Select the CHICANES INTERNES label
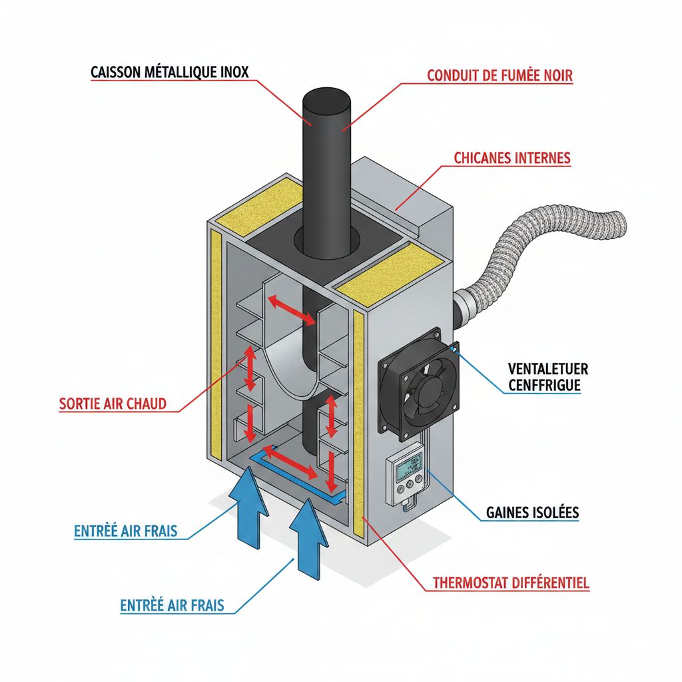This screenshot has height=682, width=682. coord(512,159)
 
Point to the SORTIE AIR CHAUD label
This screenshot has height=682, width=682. coord(113,404)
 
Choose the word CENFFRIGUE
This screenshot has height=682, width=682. coord(543,385)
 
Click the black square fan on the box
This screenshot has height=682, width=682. coord(418,384)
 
